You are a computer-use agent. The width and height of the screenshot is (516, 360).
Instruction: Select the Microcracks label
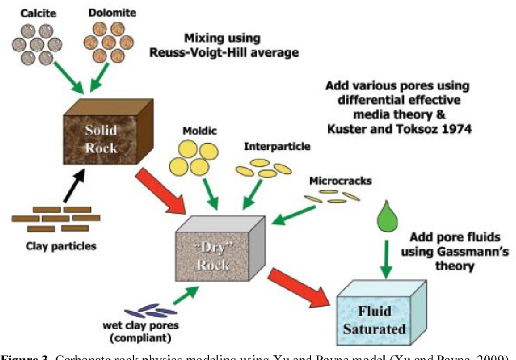click(x=340, y=180)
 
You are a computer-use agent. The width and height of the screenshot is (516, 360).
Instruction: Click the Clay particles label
click(x=61, y=245)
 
